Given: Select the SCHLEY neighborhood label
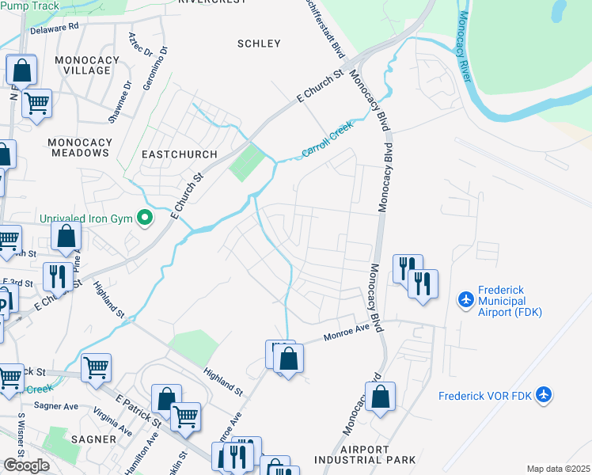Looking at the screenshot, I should (259, 44).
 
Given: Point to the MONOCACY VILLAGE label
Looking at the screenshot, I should (82, 65).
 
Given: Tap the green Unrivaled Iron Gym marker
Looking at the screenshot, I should (144, 217).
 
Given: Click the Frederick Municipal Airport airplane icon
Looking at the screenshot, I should (466, 300).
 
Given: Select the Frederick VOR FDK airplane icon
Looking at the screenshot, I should (543, 393).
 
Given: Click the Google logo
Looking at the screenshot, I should (27, 465).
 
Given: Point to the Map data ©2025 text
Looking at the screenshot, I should (558, 469).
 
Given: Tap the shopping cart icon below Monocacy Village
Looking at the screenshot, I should (36, 102).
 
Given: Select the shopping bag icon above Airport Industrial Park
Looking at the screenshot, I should (381, 397).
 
